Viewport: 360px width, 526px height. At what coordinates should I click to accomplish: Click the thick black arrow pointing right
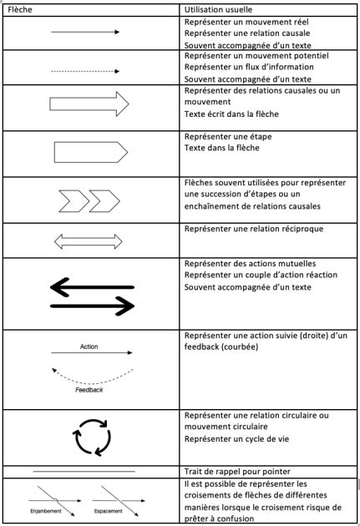point(93,307)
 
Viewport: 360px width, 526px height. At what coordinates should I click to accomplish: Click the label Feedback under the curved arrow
point(89,390)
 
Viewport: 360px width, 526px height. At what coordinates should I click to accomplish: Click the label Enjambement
point(47,510)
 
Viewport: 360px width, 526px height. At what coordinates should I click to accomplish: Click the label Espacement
point(109,510)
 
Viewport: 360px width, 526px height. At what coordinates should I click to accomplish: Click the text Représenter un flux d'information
point(248,66)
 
